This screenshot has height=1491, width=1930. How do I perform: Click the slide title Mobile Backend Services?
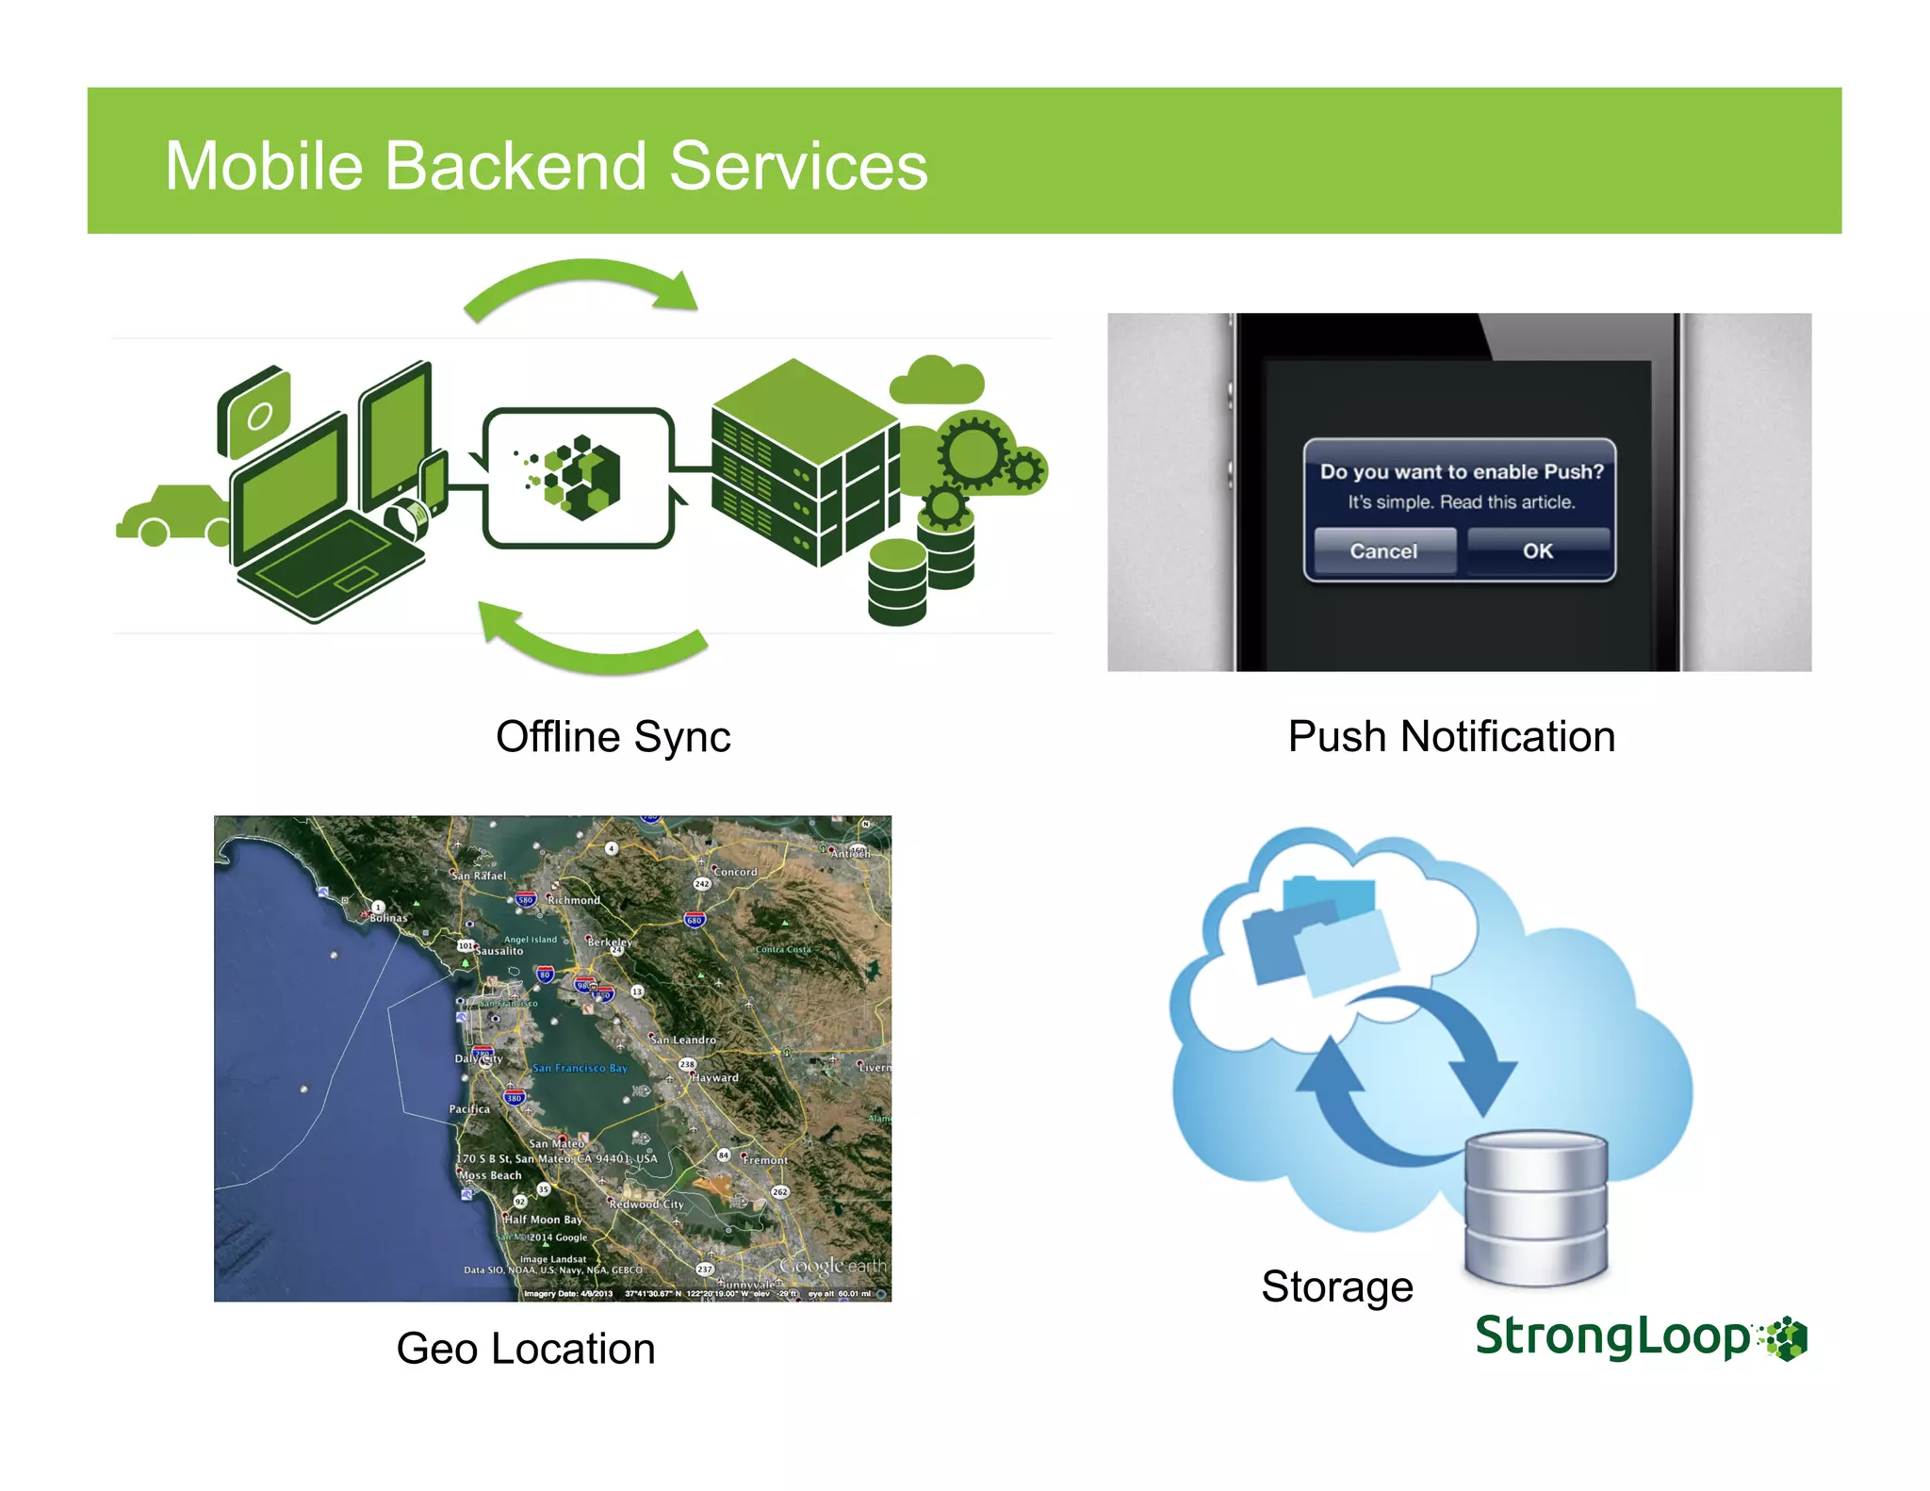pyautogui.click(x=546, y=166)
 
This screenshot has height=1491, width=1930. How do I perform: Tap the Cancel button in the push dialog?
pyautogui.click(x=1383, y=551)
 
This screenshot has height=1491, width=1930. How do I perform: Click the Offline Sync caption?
pyautogui.click(x=613, y=737)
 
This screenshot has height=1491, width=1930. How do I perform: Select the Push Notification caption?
pyautogui.click(x=1451, y=737)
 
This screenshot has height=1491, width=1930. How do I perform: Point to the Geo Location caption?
pyautogui.click(x=525, y=1349)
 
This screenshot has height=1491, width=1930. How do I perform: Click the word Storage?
pyautogui.click(x=1336, y=1287)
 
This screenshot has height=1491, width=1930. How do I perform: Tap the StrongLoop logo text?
pyautogui.click(x=1612, y=1337)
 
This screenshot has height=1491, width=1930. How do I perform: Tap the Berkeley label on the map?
pyautogui.click(x=610, y=942)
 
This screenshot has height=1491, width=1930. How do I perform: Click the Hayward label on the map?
pyautogui.click(x=715, y=1077)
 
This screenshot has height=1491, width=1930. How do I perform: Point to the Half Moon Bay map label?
pyautogui.click(x=543, y=1220)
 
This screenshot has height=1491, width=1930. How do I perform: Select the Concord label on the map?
pyautogui.click(x=735, y=872)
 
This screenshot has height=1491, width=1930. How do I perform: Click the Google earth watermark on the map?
pyautogui.click(x=833, y=1266)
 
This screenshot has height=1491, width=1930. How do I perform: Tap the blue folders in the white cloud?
pyautogui.click(x=1319, y=933)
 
